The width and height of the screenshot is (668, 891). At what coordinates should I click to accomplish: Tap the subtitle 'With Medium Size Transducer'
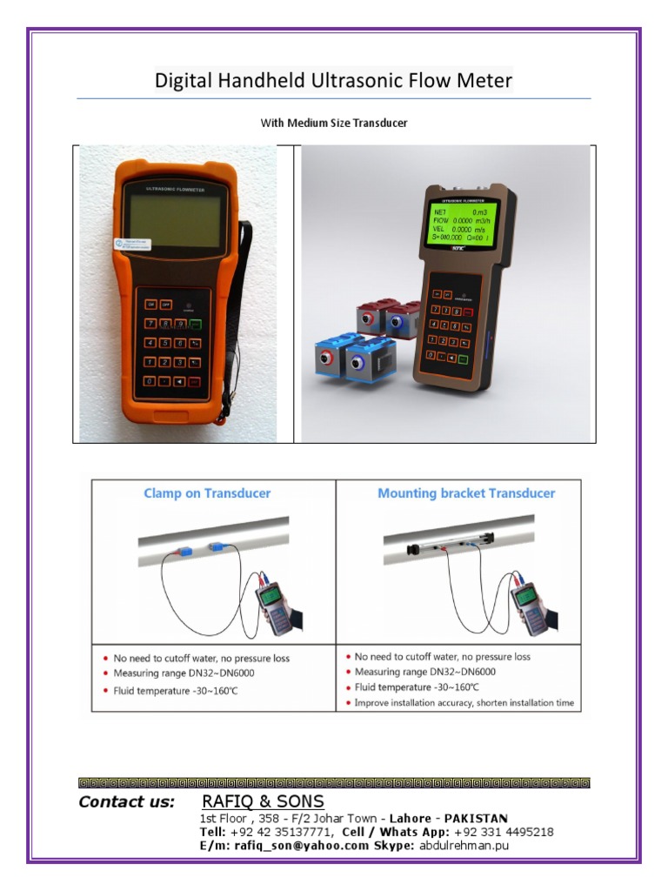point(334,124)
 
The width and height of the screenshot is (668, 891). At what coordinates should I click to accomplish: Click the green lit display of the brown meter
point(464,225)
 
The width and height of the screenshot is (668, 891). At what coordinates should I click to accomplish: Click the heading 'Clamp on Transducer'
point(207,493)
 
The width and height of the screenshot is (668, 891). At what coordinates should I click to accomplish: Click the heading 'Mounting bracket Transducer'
point(465,493)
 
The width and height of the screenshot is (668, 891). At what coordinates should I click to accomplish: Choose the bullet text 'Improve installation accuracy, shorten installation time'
point(464,703)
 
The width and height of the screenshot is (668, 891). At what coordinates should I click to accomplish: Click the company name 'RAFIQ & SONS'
point(263,801)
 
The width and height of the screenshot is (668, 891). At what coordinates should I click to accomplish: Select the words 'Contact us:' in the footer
point(127,802)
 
